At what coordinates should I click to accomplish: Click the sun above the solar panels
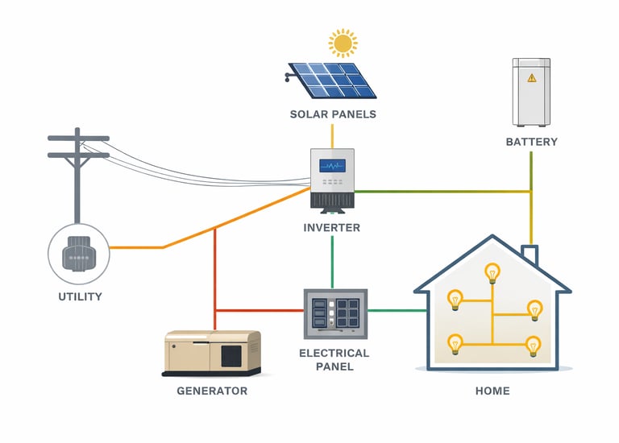343,42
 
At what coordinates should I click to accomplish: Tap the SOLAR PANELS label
333,114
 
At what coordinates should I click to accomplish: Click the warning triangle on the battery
531,78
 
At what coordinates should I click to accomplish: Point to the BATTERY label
531,143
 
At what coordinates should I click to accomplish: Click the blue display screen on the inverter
332,166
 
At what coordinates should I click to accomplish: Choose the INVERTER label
332,228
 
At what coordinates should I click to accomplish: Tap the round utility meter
79,250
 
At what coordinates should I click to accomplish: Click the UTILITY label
80,296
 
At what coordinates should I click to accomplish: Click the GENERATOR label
212,391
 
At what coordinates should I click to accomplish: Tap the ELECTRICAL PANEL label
334,360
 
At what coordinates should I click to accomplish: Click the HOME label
492,391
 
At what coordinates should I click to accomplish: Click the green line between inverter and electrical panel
332,262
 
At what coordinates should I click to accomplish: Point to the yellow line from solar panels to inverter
332,135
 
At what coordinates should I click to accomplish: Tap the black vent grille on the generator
231,356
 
